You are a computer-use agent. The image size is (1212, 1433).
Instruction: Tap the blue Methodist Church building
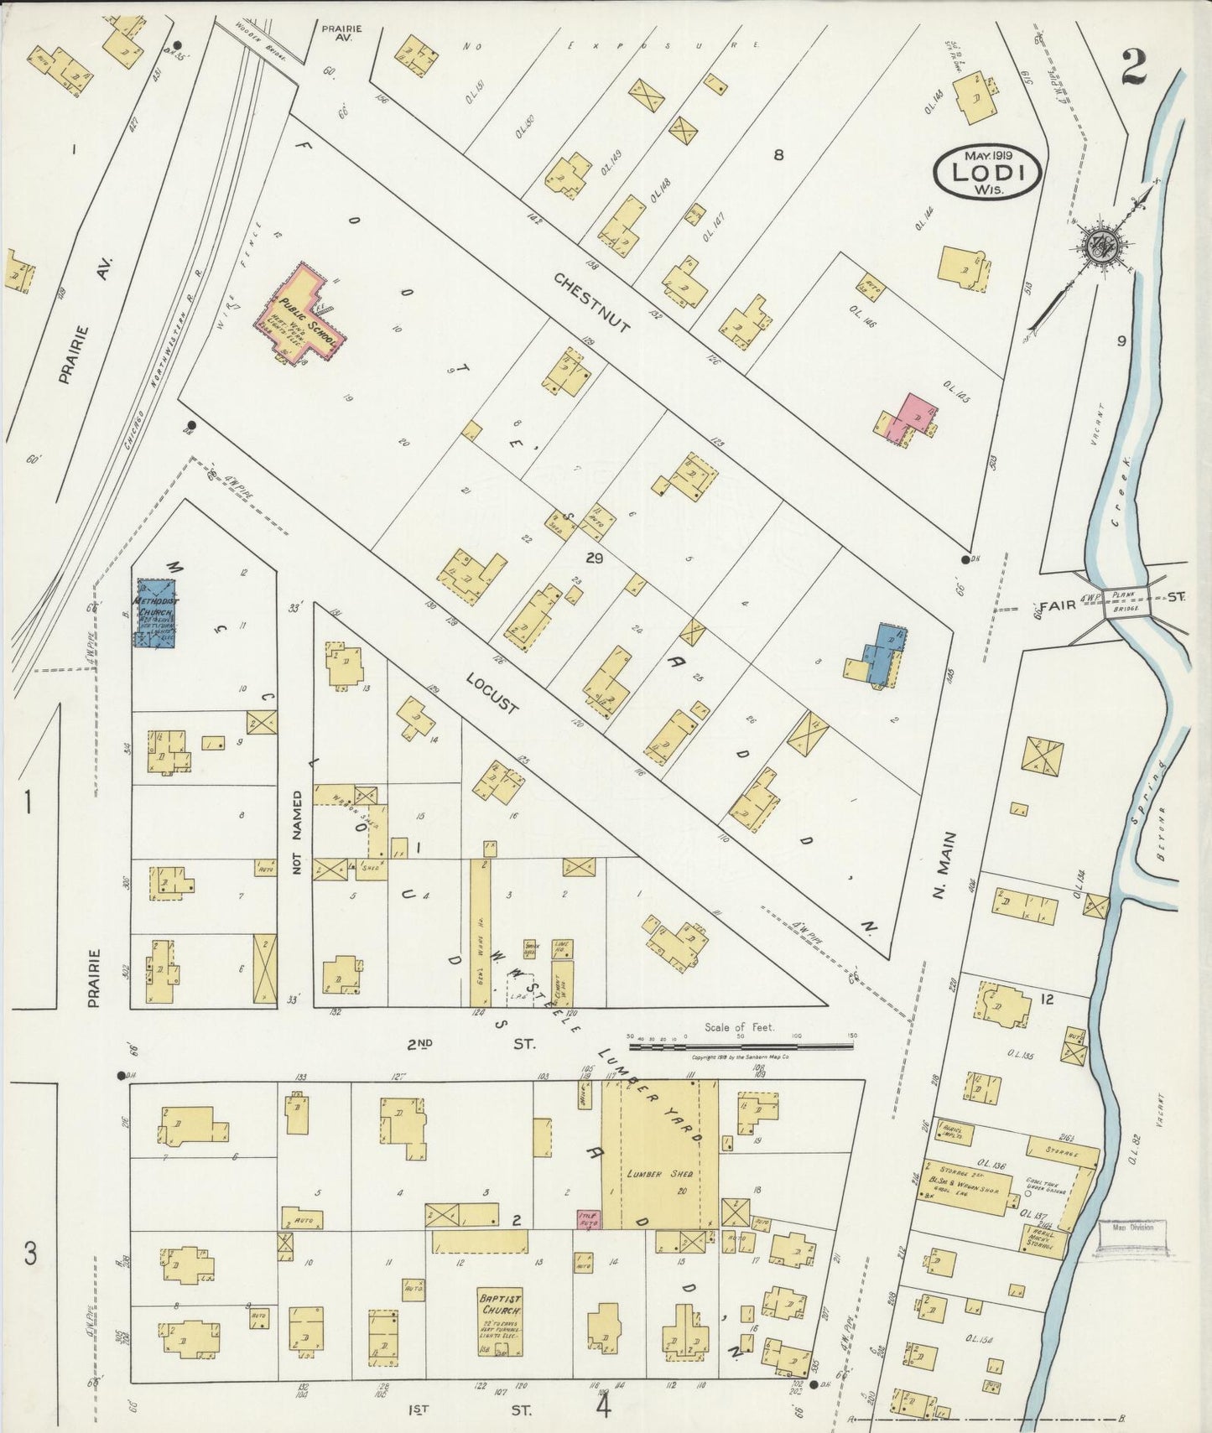154,612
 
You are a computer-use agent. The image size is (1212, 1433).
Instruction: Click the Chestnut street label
591,302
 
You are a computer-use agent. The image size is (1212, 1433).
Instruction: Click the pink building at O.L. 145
913,414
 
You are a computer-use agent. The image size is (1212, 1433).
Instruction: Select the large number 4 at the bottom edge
604,1404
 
